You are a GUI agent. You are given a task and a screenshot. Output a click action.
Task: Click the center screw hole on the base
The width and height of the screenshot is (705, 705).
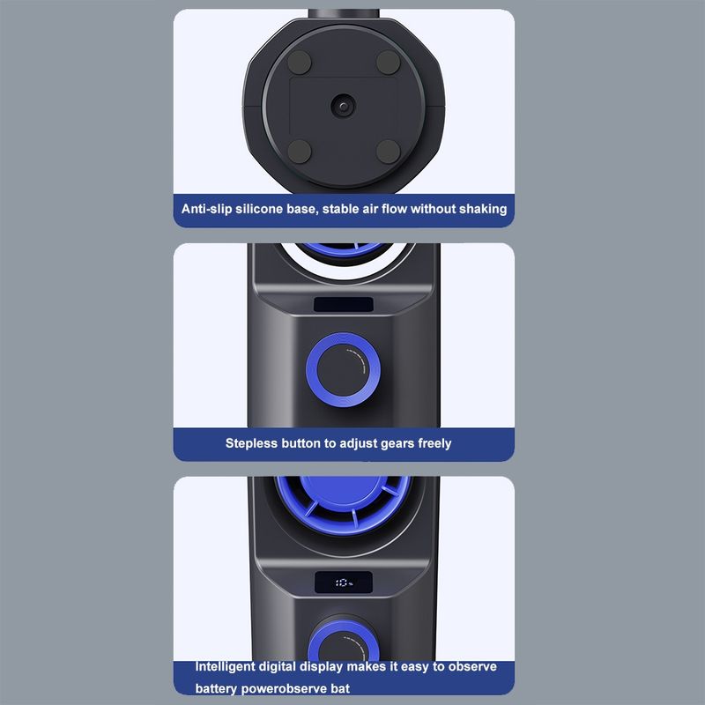(x=344, y=106)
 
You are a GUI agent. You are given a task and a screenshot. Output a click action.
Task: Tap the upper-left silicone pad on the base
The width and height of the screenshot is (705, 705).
(x=300, y=62)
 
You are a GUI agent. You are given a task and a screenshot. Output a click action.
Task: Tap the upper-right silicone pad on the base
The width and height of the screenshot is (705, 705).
(x=388, y=62)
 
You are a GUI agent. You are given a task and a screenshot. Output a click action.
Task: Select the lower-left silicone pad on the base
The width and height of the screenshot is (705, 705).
(x=300, y=151)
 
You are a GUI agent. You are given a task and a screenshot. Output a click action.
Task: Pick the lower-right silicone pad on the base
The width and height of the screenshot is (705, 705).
(x=388, y=151)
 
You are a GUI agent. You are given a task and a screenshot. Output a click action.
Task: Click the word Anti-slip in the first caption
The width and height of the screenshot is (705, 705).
(x=206, y=209)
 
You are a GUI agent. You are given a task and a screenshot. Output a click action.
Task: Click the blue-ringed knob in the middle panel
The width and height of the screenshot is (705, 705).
(x=343, y=370)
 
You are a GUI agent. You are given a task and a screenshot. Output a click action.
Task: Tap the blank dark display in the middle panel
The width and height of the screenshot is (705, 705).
(x=344, y=304)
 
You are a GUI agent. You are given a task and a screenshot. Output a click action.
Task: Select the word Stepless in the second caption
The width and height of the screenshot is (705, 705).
(x=251, y=443)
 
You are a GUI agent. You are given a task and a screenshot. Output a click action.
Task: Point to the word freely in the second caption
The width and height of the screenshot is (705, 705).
(x=434, y=444)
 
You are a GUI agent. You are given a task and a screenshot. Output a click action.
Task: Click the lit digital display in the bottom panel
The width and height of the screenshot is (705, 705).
(x=344, y=583)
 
